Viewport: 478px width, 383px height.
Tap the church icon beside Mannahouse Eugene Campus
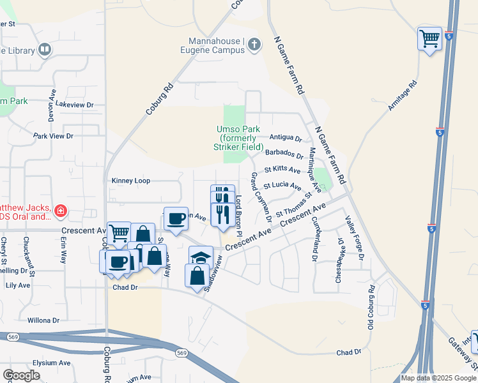tap(254, 44)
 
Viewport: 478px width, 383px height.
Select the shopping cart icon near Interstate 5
tap(429, 38)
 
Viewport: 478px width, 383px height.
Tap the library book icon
tap(45, 49)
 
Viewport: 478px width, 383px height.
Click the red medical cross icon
tap(60, 211)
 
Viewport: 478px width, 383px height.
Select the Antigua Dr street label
tap(285, 137)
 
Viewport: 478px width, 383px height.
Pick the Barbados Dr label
tap(284, 153)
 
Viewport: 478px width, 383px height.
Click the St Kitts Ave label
tap(282, 170)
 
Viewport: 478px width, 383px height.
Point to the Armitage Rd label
tap(402, 96)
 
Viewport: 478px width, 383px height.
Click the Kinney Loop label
tap(131, 181)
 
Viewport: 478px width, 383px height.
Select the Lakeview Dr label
tap(74, 104)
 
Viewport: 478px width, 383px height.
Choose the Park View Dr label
tap(54, 136)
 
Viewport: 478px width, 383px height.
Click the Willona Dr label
tap(43, 320)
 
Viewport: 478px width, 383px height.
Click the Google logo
tap(21, 375)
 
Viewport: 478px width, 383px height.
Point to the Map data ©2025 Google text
tap(438, 378)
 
